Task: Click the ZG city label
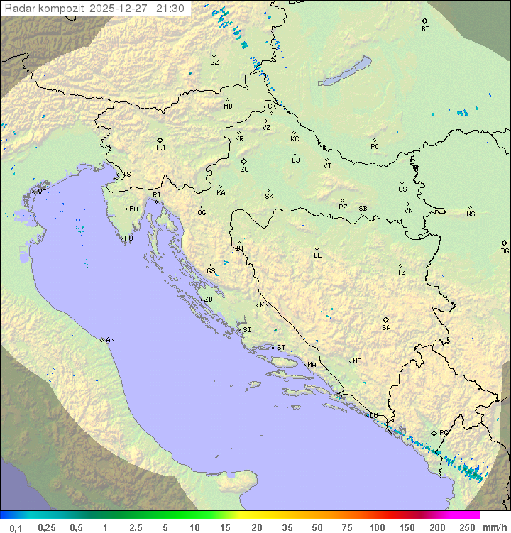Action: [244, 170]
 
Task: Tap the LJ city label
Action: [160, 148]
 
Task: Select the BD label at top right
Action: [425, 29]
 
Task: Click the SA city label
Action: [386, 328]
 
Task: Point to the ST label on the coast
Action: [281, 348]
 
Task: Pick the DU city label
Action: [373, 416]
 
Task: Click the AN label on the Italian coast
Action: [110, 340]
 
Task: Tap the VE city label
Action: [42, 192]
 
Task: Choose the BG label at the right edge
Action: [505, 251]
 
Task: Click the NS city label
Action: [471, 214]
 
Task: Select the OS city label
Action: [402, 189]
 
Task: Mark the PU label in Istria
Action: [128, 238]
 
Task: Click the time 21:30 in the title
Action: [170, 9]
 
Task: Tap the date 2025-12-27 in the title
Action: [121, 9]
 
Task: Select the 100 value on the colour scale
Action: [378, 527]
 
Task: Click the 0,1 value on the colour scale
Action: [16, 527]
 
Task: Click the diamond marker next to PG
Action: [434, 432]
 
